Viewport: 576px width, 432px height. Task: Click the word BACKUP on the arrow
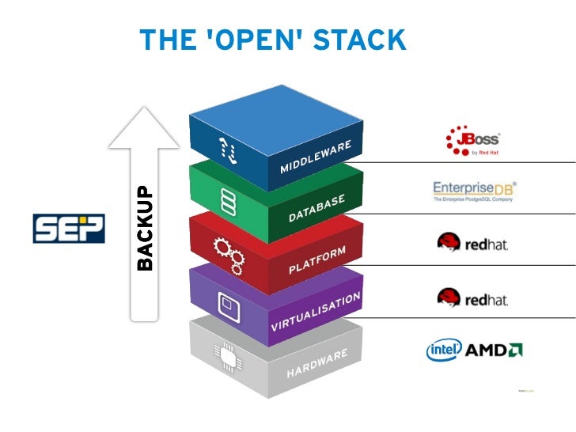[144, 229]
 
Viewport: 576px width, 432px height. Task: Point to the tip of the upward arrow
[144, 109]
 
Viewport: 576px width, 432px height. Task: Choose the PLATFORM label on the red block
[317, 260]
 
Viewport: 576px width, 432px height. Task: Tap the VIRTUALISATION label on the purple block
[316, 311]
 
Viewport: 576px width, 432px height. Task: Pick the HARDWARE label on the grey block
[316, 363]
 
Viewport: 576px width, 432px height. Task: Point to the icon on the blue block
[227, 148]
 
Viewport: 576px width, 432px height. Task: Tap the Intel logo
[444, 350]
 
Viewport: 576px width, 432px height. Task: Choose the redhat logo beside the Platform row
[472, 243]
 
